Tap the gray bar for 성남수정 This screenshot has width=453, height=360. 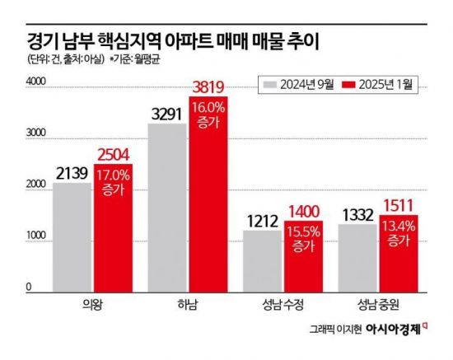pyautogui.click(x=263, y=260)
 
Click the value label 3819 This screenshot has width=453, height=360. pyautogui.click(x=208, y=87)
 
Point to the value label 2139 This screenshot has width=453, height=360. pyautogui.click(x=72, y=173)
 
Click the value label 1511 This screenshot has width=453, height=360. pyautogui.click(x=399, y=206)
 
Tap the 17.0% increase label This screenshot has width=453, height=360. pyautogui.click(x=113, y=181)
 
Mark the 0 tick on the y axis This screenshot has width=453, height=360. pyautogui.click(x=29, y=287)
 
